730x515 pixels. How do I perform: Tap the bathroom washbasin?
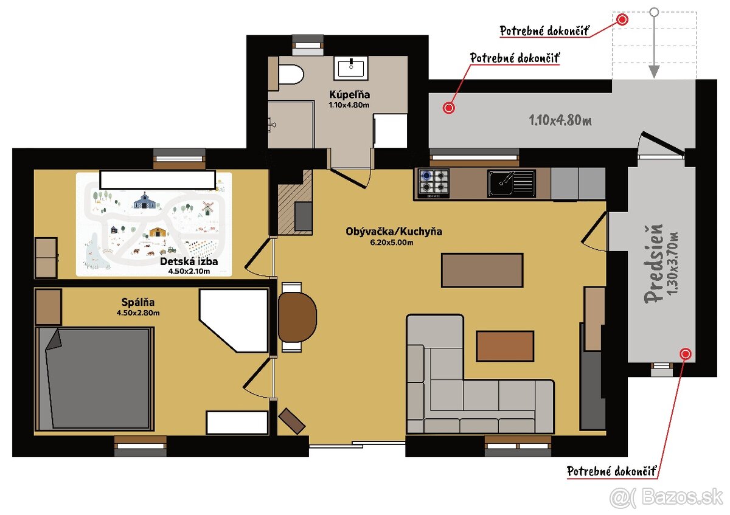pyautogui.click(x=350, y=67)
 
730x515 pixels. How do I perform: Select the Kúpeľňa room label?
pyautogui.click(x=349, y=95)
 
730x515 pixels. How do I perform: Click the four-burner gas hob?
pyautogui.click(x=433, y=182)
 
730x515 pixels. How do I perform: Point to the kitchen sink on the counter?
pyautogui.click(x=512, y=183)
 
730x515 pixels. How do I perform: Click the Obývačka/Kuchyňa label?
pyautogui.click(x=394, y=232)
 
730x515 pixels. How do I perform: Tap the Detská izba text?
pyautogui.click(x=189, y=262)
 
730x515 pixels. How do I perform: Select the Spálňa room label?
pyautogui.click(x=137, y=302)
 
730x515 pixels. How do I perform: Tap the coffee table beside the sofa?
pyautogui.click(x=505, y=345)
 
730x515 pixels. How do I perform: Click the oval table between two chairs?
pyautogui.click(x=297, y=317)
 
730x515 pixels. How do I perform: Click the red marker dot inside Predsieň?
pyautogui.click(x=686, y=353)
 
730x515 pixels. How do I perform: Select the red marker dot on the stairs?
pyautogui.click(x=622, y=19)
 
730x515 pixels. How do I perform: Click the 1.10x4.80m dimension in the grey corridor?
pyautogui.click(x=560, y=120)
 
